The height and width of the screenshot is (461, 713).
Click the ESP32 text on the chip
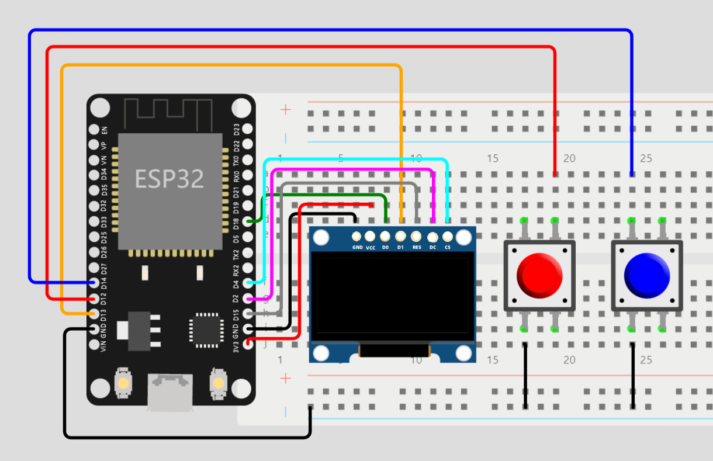click(x=169, y=179)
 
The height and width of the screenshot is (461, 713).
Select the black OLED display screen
click(x=392, y=296)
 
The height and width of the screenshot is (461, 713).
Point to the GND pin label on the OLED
click(x=357, y=248)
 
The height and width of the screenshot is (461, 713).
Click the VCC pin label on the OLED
click(x=371, y=248)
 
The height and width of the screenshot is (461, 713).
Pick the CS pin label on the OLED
click(x=447, y=248)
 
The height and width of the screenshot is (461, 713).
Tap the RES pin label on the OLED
click(x=417, y=248)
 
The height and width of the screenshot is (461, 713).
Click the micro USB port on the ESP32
click(x=171, y=390)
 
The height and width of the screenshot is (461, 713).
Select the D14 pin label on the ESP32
click(x=104, y=283)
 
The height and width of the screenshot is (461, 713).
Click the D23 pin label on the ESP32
click(x=237, y=129)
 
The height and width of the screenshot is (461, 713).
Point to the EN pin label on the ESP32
click(x=104, y=129)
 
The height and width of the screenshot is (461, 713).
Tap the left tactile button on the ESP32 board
click(x=123, y=383)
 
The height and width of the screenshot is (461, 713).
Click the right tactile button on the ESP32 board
click(x=218, y=383)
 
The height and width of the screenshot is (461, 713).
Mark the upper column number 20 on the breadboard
click(x=569, y=158)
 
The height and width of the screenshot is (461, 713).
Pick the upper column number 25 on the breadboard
click(x=646, y=158)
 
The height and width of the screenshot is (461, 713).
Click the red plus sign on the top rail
click(x=285, y=109)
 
